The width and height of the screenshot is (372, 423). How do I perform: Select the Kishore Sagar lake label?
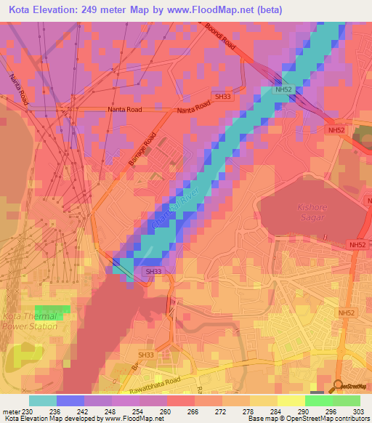[315, 211]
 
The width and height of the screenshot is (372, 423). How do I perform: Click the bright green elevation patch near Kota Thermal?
[53, 313]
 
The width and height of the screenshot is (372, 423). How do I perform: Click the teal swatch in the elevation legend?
[43, 400]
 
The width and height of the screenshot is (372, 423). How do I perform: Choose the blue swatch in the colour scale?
[70, 400]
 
